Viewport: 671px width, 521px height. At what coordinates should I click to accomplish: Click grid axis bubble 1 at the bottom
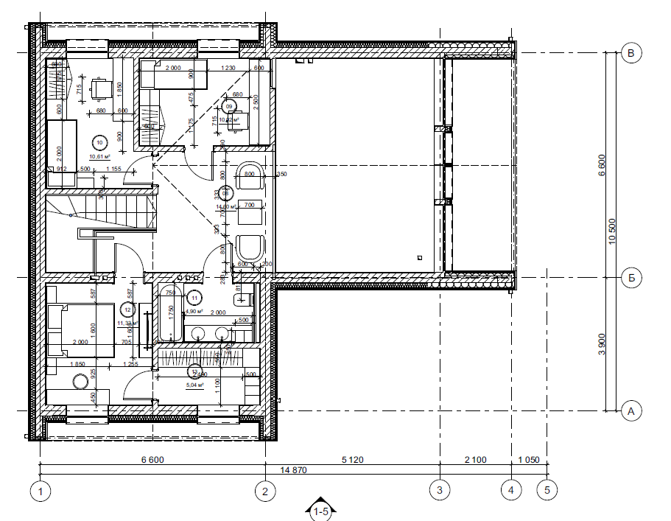(41, 489)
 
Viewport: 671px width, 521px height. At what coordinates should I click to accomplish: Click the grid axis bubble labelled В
(630, 52)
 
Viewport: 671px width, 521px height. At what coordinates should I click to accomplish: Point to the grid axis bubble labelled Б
(630, 278)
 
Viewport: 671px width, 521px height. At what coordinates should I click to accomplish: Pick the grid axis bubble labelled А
(630, 410)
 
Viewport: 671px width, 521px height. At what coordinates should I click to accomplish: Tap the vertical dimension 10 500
(613, 231)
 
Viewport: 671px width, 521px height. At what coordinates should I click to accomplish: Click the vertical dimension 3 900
(601, 343)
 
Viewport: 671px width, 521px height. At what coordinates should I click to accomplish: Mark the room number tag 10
(99, 143)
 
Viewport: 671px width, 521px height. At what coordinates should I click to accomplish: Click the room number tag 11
(194, 298)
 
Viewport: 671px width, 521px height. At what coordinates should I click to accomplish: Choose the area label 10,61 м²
(99, 156)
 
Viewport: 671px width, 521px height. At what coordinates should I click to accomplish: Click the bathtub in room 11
(168, 315)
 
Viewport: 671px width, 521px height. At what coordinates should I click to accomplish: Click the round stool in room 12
(80, 382)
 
